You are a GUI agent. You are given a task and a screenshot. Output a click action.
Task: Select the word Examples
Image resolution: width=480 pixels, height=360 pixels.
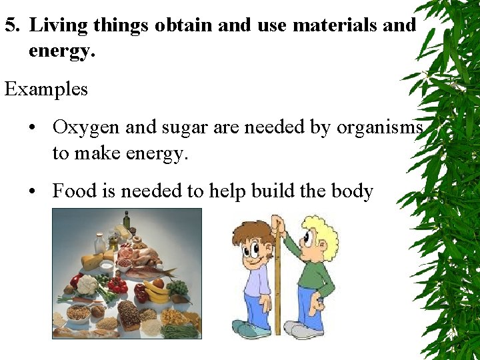pos(46,89)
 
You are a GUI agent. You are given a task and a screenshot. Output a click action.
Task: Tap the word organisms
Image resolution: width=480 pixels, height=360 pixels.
pos(379,127)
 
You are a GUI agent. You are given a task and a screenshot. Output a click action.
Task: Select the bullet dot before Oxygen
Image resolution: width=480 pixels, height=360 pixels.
pos(33,127)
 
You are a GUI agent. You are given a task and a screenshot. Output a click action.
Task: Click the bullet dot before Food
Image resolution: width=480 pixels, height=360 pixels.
pos(33,192)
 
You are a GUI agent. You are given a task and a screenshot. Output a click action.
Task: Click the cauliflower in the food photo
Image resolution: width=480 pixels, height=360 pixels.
pos(86,285)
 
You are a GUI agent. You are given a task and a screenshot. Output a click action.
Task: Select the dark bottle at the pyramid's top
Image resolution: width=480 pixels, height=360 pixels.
pos(126,221)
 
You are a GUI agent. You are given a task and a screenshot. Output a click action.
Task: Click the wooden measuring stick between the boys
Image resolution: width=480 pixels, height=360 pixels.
pos(277,280)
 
